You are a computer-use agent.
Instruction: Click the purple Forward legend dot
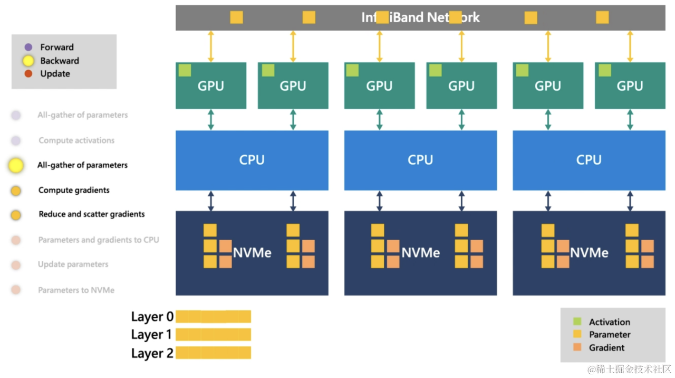pyautogui.click(x=28, y=48)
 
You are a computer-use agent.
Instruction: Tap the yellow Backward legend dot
pyautogui.click(x=28, y=61)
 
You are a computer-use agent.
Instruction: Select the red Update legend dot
pyautogui.click(x=28, y=74)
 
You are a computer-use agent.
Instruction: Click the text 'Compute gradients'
pyautogui.click(x=74, y=190)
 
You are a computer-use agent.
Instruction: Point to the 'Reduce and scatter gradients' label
pyautogui.click(x=92, y=214)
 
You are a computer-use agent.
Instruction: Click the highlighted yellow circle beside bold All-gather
pyautogui.click(x=16, y=166)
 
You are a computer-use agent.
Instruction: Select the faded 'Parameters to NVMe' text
pyautogui.click(x=76, y=290)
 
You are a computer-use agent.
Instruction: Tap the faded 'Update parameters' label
pyautogui.click(x=73, y=264)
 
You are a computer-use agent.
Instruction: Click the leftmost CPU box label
pyautogui.click(x=252, y=160)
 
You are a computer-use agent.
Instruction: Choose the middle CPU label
pyautogui.click(x=420, y=160)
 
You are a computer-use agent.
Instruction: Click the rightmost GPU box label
pyautogui.click(x=630, y=86)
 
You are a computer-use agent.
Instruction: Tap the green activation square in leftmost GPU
pyautogui.click(x=185, y=70)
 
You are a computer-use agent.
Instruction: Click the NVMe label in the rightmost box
pyautogui.click(x=589, y=253)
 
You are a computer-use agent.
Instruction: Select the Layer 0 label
pyautogui.click(x=152, y=317)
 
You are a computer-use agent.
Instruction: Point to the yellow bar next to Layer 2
pyautogui.click(x=213, y=353)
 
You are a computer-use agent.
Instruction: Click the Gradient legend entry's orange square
pyautogui.click(x=577, y=347)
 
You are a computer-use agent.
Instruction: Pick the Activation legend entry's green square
pyautogui.click(x=577, y=322)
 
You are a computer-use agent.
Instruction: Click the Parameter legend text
pyautogui.click(x=610, y=335)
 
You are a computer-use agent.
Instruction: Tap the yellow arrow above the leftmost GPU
pyautogui.click(x=211, y=47)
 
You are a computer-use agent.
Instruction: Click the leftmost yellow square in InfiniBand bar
pyautogui.click(x=236, y=17)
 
